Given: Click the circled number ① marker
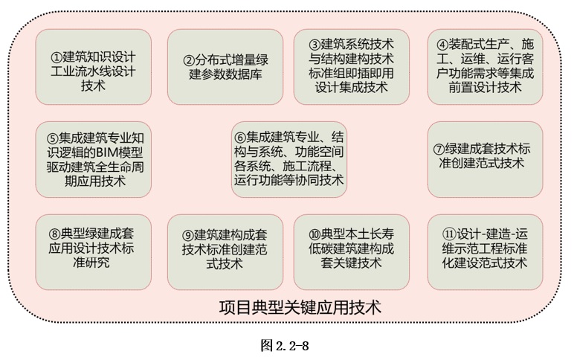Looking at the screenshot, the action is point(57,57).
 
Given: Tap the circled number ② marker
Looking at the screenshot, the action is point(189,60).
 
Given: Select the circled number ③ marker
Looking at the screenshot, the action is point(315,45).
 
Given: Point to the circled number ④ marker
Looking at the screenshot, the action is point(442,45).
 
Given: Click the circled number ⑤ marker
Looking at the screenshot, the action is point(52,138).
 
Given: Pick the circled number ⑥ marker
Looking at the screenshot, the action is point(240,138).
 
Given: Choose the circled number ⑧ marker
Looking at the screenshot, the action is point(54,234).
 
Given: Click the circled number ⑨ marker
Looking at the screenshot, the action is point(188,235).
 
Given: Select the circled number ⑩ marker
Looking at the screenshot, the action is point(315,234).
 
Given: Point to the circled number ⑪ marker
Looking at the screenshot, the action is point(448,234).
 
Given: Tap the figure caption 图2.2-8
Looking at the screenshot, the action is point(285,345).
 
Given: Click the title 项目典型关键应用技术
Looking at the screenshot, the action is point(300,307).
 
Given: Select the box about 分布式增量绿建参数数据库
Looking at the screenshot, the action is point(225,67).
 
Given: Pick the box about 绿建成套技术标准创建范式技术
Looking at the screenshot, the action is point(485,160).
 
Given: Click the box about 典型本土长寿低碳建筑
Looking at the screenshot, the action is point(352,252).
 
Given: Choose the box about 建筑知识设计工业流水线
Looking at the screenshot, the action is point(94,67).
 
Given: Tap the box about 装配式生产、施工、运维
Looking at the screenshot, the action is point(485,67).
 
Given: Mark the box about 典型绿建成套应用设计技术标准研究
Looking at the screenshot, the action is point(94,252).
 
